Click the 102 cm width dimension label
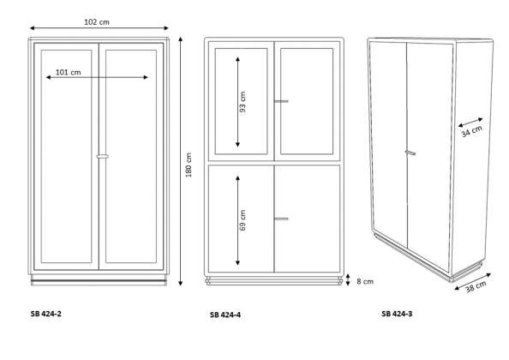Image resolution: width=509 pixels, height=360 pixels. [97, 22]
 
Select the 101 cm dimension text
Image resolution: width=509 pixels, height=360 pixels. [69, 72]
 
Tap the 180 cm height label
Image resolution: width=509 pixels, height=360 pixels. [189, 165]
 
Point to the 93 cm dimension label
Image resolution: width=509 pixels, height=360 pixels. [243, 102]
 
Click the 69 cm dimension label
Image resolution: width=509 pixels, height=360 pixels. [243, 220]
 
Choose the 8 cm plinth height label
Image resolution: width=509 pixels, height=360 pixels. [365, 281]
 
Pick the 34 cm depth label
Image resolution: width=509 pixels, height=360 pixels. [472, 131]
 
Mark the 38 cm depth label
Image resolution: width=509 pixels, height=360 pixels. [476, 286]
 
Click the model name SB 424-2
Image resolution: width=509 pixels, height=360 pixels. [45, 314]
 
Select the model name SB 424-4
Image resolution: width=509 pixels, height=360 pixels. [225, 315]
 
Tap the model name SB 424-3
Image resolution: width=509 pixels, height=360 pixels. [397, 314]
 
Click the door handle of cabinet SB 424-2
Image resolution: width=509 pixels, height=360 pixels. [103, 157]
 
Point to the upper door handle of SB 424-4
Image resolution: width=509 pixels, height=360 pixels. [281, 101]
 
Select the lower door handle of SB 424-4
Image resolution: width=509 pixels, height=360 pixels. [281, 219]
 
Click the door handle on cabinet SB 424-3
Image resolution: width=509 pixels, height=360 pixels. [410, 153]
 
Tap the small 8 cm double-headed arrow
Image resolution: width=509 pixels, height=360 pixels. [348, 279]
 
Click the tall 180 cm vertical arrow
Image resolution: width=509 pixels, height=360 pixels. [181, 161]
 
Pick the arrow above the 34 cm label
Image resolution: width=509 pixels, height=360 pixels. [470, 122]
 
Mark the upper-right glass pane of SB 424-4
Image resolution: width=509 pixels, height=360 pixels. [307, 101]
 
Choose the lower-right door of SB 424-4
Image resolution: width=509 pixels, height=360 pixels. [307, 219]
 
